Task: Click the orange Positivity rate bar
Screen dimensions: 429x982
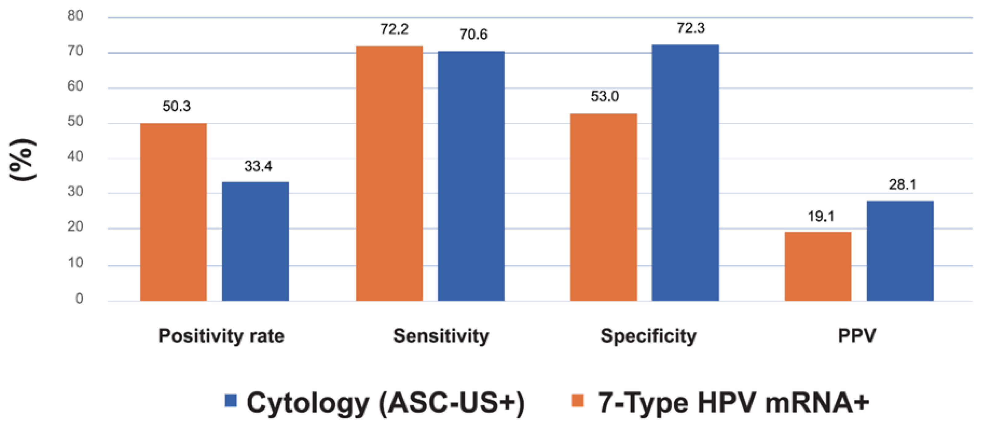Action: click(173, 212)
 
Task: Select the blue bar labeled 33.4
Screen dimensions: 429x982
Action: click(255, 242)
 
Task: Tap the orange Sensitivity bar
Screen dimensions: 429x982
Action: click(389, 174)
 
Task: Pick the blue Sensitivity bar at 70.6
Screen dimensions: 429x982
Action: click(471, 176)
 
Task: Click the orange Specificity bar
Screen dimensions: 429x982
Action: click(603, 207)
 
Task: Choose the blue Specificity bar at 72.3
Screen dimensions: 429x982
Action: click(685, 173)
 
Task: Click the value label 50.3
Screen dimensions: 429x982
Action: click(176, 106)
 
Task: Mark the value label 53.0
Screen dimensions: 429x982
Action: click(605, 96)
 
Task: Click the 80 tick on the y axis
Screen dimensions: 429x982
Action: click(76, 16)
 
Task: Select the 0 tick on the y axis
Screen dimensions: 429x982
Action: click(79, 298)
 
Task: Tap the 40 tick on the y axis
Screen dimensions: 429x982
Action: click(76, 156)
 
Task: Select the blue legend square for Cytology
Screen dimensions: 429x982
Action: click(231, 401)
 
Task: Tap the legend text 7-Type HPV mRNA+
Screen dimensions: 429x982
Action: click(733, 403)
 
